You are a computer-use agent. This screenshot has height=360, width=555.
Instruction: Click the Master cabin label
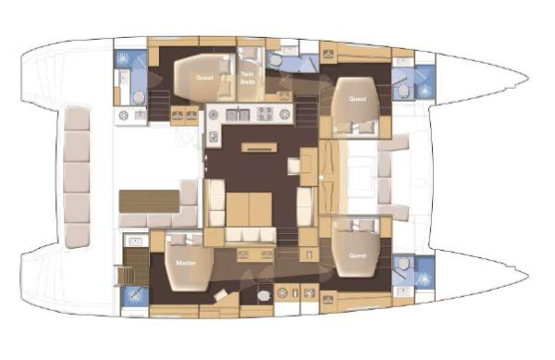[186, 263]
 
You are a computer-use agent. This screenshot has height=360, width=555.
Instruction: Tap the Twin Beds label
[247, 78]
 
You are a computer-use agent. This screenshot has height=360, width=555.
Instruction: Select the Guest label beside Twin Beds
[204, 78]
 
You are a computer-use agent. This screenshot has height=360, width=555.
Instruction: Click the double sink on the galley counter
[238, 115]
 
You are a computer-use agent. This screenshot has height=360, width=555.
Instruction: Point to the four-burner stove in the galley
[265, 114]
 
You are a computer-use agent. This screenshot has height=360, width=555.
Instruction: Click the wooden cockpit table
[149, 201]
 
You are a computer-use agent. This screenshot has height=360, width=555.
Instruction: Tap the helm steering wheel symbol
[124, 116]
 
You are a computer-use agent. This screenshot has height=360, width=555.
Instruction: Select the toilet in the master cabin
[264, 295]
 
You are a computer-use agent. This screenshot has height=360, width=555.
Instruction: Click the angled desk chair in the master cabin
[222, 294]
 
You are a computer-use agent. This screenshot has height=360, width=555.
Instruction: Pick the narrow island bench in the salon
[259, 147]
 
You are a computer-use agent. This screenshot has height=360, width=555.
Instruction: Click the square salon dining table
[249, 209]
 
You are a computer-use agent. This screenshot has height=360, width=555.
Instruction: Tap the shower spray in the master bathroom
[134, 295]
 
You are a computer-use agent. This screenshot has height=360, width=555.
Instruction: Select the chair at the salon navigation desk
[294, 166]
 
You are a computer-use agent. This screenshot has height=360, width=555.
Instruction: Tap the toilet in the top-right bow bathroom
[403, 91]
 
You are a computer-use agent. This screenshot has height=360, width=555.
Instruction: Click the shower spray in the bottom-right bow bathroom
[425, 279]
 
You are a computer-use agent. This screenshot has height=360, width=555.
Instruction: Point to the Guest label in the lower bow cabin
[357, 255]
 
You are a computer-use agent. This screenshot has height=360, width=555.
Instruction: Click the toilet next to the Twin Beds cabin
[275, 62]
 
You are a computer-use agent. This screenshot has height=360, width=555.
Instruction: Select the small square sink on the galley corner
[213, 137]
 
